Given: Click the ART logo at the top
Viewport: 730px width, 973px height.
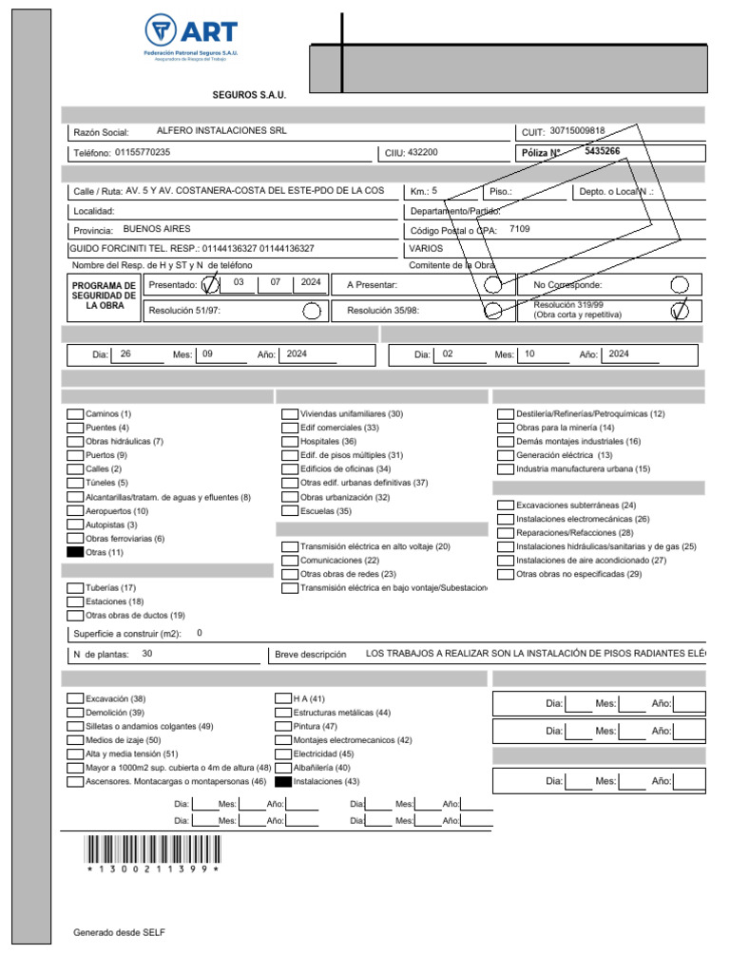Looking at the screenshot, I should click(191, 37).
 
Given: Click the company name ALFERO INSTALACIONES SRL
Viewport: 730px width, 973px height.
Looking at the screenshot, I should click(221, 131).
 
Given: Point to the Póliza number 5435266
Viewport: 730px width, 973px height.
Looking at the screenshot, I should click(602, 151).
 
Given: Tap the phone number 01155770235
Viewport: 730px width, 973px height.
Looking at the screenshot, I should click(143, 152).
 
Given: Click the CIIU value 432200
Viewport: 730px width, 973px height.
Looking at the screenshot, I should click(423, 152).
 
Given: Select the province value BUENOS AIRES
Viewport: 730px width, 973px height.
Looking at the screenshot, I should click(157, 229).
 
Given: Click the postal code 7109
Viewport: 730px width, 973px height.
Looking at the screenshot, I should click(520, 229).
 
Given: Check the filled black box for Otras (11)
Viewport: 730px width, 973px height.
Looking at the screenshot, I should click(75, 552).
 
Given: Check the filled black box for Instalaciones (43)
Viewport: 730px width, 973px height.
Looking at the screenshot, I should click(282, 782).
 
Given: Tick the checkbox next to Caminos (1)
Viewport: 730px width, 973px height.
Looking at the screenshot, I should click(75, 414).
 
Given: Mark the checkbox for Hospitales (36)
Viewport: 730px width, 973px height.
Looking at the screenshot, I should click(290, 442).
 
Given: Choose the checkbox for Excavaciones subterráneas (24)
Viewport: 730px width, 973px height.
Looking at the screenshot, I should click(505, 506).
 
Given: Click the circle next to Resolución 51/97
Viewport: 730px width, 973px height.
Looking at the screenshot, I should click(311, 310).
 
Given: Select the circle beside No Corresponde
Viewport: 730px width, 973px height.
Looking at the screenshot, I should click(679, 284).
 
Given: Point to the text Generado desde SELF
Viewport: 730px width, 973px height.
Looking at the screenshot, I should click(119, 932).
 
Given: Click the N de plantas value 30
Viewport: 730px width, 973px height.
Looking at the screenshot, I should click(146, 654).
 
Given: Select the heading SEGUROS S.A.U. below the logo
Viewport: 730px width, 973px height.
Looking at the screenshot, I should click(248, 95).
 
